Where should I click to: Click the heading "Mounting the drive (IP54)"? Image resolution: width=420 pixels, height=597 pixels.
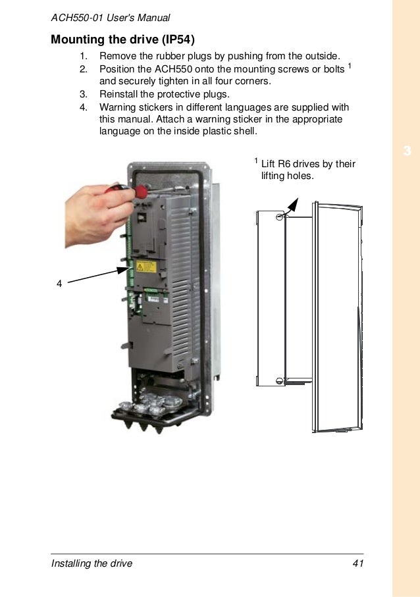tap(122, 39)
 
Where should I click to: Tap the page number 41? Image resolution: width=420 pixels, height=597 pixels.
tap(358, 563)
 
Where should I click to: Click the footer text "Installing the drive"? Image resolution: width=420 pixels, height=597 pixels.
tap(92, 563)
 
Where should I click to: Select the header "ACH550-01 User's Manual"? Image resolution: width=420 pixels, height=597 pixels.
tap(111, 18)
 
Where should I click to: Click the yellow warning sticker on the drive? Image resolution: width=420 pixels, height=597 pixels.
tap(146, 267)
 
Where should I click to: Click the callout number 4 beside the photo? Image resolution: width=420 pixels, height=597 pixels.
tap(59, 284)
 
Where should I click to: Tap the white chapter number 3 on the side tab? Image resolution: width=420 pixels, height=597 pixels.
tap(407, 151)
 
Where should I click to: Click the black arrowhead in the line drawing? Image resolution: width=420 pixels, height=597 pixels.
tap(293, 205)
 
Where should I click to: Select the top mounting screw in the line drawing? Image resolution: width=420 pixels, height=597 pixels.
tap(280, 217)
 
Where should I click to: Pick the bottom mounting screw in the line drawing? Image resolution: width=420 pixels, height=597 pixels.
tap(280, 380)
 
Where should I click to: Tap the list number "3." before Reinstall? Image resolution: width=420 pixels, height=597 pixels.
tap(84, 94)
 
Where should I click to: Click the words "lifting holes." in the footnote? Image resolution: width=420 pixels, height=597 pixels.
tap(288, 176)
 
